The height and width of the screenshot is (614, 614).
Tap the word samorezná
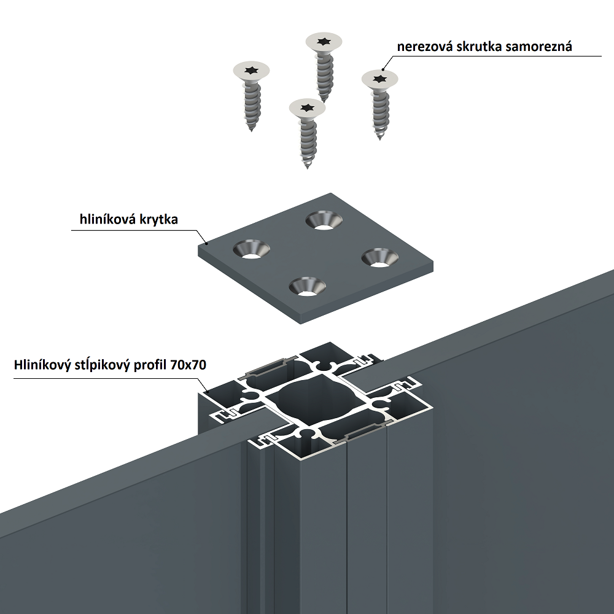(x=538, y=47)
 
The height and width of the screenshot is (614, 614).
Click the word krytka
(x=160, y=219)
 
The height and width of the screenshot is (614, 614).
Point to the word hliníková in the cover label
(x=109, y=219)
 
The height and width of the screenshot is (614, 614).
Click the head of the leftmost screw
(x=251, y=71)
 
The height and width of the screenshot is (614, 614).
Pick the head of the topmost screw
(x=324, y=42)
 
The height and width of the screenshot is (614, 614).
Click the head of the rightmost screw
(x=379, y=80)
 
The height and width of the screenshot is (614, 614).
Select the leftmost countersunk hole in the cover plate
(x=251, y=249)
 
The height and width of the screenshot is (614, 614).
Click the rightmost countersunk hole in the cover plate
(x=379, y=258)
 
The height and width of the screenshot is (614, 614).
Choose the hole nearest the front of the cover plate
(x=308, y=286)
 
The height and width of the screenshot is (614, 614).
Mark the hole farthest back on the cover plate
(x=324, y=220)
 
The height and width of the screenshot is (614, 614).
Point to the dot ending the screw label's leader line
(x=383, y=69)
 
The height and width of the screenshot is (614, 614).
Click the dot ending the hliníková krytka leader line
(x=207, y=243)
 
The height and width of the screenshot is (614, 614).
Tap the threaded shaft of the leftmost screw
(x=252, y=106)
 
